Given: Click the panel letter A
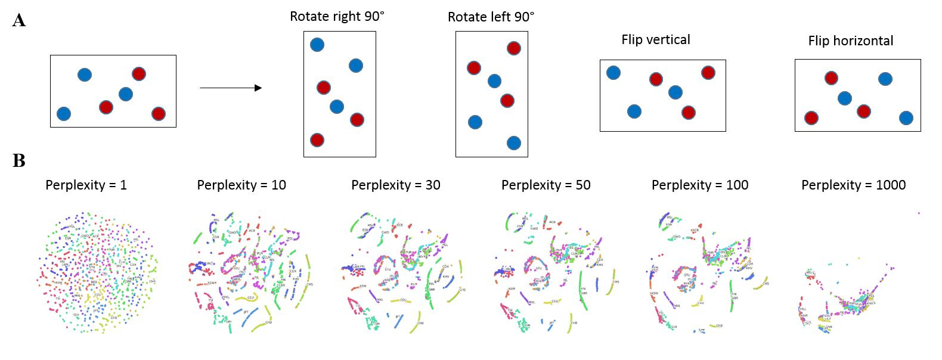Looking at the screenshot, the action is (19, 21).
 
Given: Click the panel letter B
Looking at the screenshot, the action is (19, 161).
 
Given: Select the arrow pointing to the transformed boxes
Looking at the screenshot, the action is (231, 88).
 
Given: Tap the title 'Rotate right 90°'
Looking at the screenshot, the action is (337, 17).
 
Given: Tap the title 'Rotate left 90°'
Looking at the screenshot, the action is (491, 17).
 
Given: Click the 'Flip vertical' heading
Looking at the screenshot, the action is (655, 40).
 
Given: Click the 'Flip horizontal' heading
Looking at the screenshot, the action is (850, 41).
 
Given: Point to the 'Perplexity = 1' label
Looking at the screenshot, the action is (86, 185).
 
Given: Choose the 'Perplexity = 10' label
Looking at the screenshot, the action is (241, 185).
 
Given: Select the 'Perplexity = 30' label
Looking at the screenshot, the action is (395, 185).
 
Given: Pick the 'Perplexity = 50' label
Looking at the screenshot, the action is (546, 185).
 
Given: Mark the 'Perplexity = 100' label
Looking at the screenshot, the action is (699, 185).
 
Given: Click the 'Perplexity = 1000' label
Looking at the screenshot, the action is (853, 185).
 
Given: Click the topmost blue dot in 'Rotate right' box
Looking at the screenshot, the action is (317, 45).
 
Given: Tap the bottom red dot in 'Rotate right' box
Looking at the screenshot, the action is (317, 140).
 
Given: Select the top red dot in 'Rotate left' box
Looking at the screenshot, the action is (513, 48).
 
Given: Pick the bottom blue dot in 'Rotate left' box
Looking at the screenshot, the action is (513, 143).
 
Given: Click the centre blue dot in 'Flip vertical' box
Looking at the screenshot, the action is (675, 92).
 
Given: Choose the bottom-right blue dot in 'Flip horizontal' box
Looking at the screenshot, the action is (906, 118).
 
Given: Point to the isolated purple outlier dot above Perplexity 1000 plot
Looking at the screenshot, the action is (919, 213).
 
